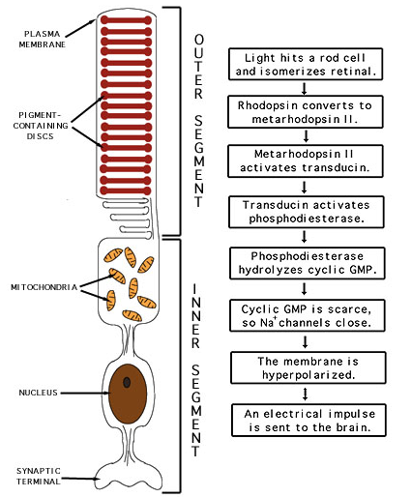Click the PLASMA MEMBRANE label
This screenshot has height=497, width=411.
42,39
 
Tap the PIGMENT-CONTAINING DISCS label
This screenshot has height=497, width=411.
41,126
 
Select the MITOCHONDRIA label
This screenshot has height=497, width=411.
44,287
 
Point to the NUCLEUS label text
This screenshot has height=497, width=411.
38,393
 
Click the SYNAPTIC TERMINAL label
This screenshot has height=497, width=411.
39,476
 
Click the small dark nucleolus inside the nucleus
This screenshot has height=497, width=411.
127,382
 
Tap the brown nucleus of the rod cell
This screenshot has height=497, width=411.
128,394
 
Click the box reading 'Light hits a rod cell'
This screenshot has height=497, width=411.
306,64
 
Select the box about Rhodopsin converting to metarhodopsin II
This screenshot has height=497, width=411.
306,112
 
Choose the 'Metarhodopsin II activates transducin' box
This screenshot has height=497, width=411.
306,161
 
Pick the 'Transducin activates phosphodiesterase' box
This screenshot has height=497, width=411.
307,212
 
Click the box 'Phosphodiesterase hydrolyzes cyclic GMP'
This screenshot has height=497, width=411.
308,263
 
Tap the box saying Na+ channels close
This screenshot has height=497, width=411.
308,315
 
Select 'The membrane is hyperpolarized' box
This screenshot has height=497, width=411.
308,367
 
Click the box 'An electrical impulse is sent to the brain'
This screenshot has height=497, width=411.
308,421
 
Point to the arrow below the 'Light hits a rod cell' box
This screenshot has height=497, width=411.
304,88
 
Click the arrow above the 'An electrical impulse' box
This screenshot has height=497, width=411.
306,394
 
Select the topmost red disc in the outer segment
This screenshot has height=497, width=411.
126,20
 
